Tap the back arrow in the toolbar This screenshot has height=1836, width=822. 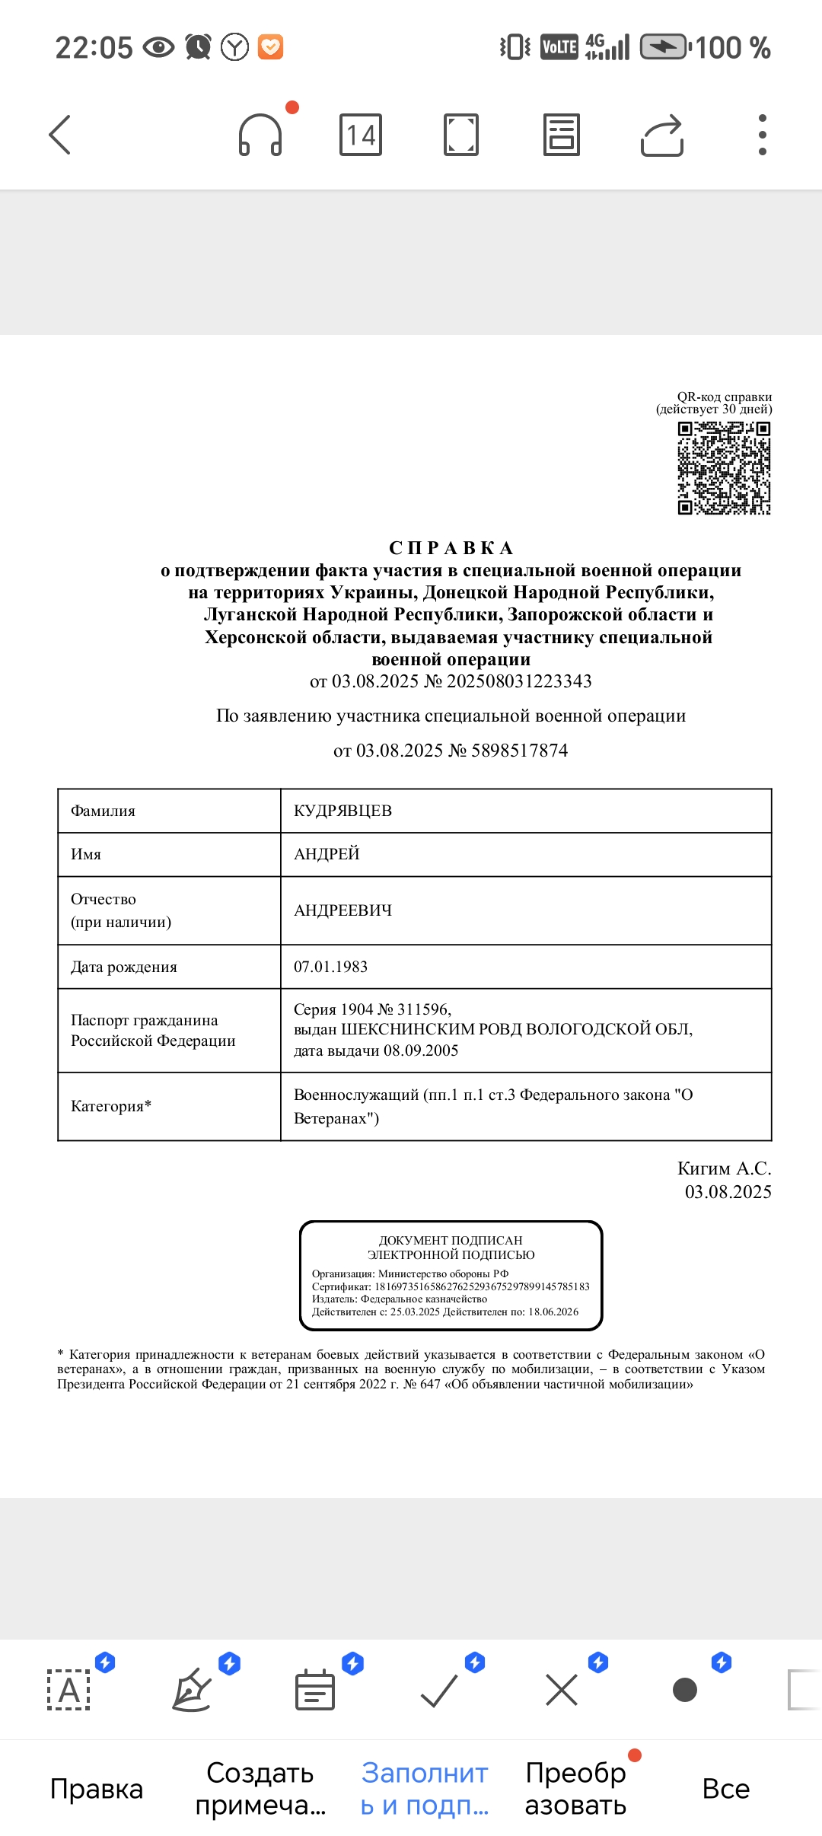60,135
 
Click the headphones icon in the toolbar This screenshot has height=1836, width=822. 260,135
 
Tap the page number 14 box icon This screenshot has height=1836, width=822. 361,135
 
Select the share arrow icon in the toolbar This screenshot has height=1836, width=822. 662,135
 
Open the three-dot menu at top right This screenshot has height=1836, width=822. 762,135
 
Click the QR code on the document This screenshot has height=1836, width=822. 724,468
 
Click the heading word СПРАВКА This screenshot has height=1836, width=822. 451,548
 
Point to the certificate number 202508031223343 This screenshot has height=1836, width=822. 519,681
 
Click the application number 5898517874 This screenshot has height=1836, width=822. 519,751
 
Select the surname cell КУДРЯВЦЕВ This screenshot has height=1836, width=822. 343,811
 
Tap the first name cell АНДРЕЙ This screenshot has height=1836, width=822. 327,854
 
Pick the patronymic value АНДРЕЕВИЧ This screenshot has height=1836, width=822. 343,910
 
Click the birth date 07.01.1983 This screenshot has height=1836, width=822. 331,967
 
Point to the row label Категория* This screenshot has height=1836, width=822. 111,1106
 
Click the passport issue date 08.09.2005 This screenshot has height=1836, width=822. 421,1051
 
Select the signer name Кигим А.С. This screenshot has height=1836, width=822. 724,1168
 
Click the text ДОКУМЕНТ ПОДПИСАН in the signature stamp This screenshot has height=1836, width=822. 451,1240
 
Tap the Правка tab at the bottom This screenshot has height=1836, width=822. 97,1789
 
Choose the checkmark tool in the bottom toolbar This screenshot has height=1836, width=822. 439,1691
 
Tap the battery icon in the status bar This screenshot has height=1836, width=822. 664,47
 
